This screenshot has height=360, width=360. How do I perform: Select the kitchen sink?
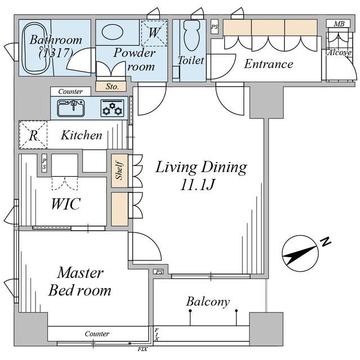pyautogui.click(x=71, y=108)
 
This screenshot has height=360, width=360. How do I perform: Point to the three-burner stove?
pyautogui.click(x=112, y=108)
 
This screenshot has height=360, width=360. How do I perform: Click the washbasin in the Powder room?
pyautogui.click(x=112, y=32)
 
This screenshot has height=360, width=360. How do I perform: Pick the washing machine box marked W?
pyautogui.click(x=154, y=33)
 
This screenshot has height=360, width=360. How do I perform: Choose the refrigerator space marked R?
pyautogui.click(x=33, y=135)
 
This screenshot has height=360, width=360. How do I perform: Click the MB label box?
pyautogui.click(x=339, y=24)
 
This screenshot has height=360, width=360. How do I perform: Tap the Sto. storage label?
pyautogui.click(x=111, y=87)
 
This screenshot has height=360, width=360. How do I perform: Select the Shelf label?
pyautogui.click(x=120, y=171)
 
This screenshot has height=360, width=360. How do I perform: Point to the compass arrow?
pyautogui.click(x=300, y=254)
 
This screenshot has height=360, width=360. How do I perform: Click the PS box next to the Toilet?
pyautogui.click(x=214, y=27)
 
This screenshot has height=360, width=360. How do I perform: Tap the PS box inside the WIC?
pyautogui.click(x=44, y=163)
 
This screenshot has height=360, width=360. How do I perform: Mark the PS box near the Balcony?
pyautogui.click(x=159, y=272)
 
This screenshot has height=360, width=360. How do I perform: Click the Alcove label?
pyautogui.click(x=339, y=53)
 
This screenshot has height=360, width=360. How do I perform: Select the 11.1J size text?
pyautogui.click(x=198, y=184)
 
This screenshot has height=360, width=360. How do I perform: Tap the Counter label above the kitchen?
pyautogui.click(x=70, y=92)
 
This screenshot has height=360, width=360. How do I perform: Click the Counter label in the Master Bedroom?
pyautogui.click(x=97, y=334)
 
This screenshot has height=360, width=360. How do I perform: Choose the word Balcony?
pyautogui.click(x=208, y=301)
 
